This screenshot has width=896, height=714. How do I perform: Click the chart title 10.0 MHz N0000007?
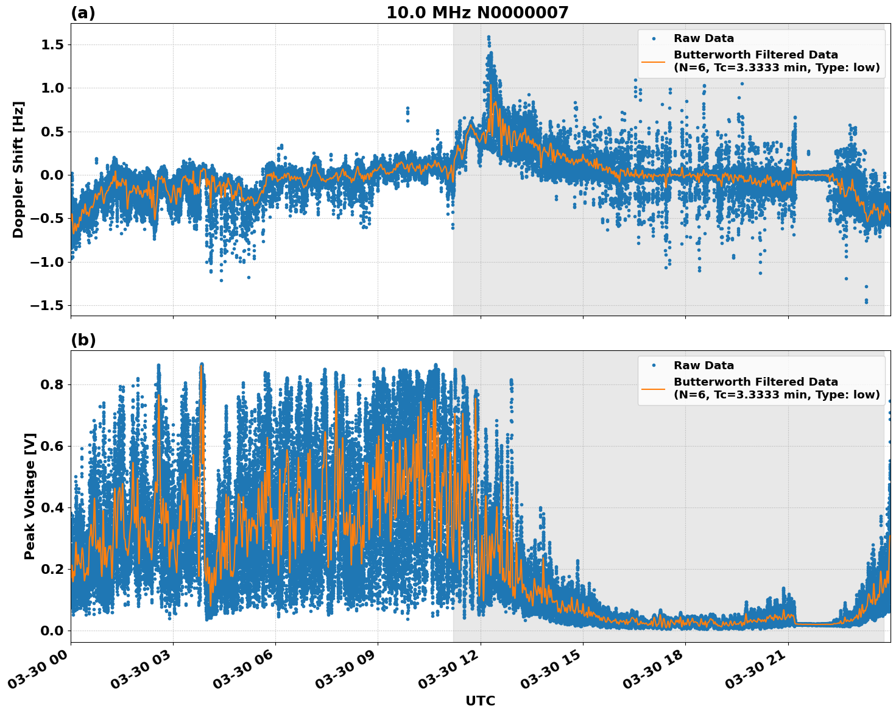click(x=477, y=13)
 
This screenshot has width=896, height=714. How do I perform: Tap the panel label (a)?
click(x=83, y=13)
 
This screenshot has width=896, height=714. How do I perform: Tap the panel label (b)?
click(x=83, y=340)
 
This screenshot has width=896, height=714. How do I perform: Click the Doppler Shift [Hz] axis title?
click(x=18, y=169)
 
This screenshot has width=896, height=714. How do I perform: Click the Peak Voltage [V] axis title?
click(x=30, y=496)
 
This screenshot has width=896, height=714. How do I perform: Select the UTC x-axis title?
click(x=480, y=701)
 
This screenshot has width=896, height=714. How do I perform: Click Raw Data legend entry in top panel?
click(x=703, y=38)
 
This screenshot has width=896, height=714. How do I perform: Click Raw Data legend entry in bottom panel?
click(x=703, y=366)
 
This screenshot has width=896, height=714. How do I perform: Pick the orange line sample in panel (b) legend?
click(x=654, y=388)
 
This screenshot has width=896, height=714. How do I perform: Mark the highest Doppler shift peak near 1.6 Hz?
click(x=489, y=37)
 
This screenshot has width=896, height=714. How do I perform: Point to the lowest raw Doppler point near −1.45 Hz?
click(x=866, y=302)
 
